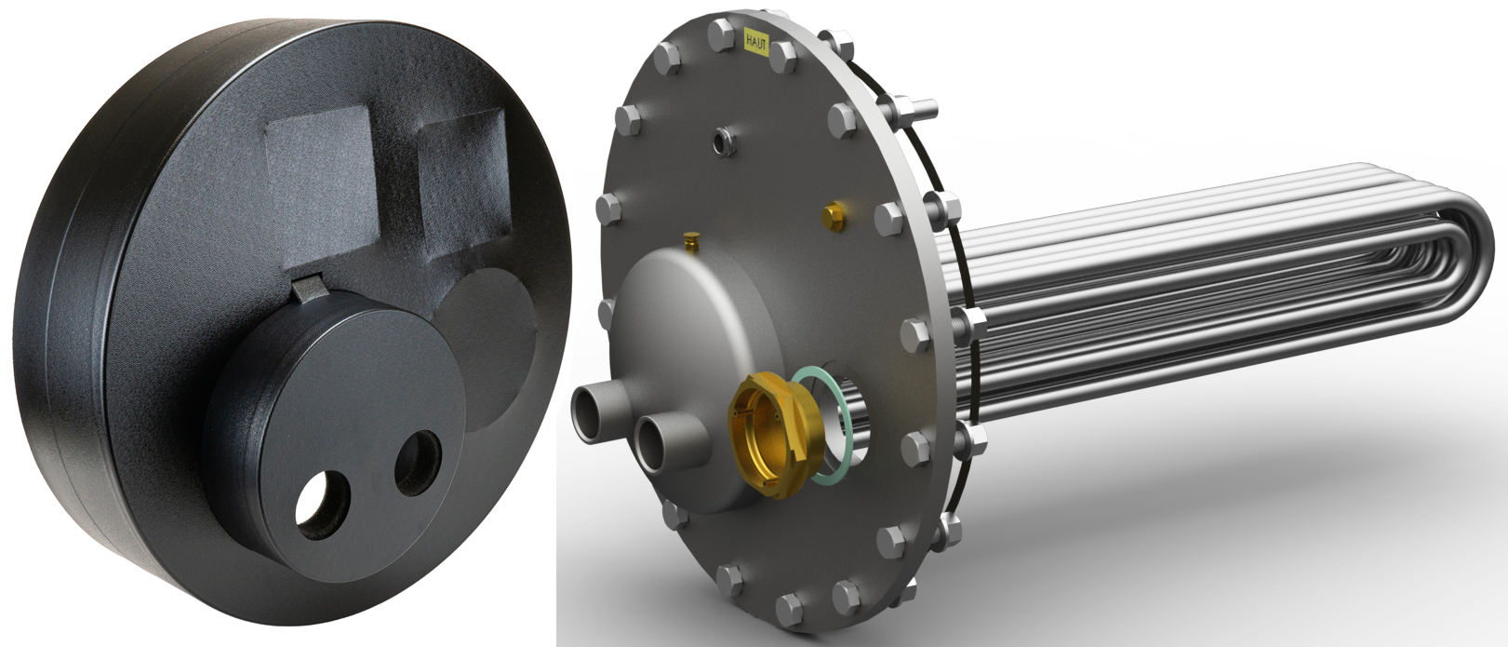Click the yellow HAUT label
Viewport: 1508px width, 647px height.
[754, 38]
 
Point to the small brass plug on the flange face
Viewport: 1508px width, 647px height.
[834, 216]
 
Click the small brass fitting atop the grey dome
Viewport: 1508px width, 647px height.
[691, 240]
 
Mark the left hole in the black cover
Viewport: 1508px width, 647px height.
[323, 503]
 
